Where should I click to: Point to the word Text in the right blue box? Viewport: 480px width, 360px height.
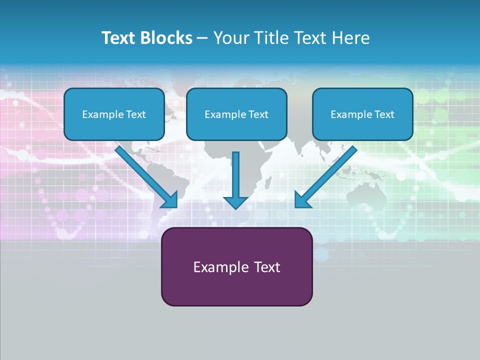tap(384, 114)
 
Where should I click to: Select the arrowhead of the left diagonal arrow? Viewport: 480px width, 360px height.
tap(170, 200)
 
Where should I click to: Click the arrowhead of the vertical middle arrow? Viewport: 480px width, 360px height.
tap(236, 202)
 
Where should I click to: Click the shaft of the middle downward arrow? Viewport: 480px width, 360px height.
tap(236, 172)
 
